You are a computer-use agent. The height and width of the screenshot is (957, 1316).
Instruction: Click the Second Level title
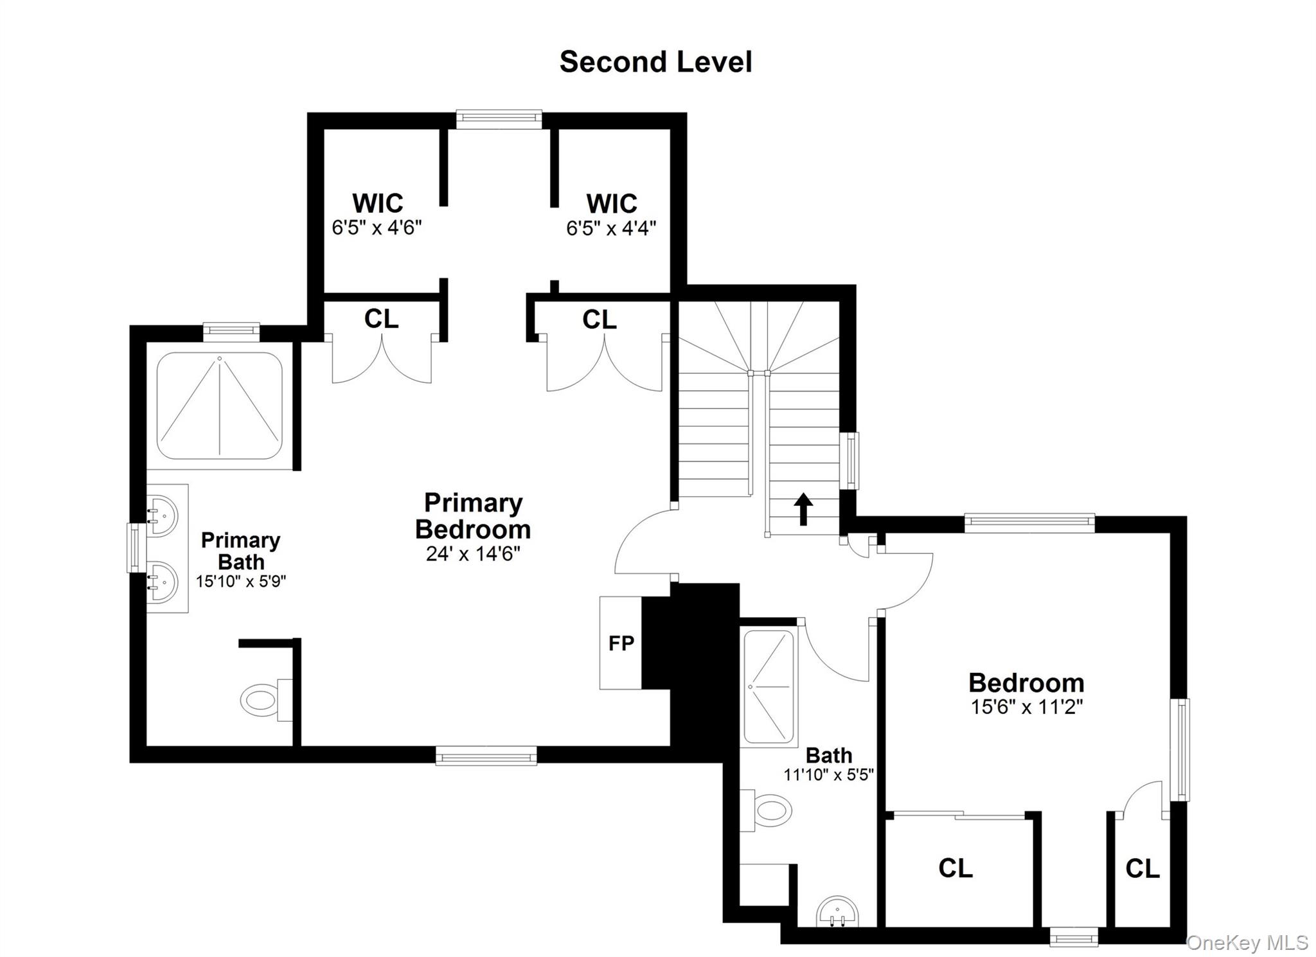point(655,62)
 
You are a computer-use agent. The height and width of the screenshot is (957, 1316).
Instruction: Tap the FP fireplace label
point(621,643)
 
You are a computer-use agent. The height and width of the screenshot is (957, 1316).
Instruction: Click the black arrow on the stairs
point(803,508)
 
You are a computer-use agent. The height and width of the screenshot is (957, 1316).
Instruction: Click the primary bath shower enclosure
point(219,406)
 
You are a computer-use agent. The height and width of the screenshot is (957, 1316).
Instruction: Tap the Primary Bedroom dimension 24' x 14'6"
point(473,554)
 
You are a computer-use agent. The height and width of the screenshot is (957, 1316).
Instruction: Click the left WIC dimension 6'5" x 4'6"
point(377,228)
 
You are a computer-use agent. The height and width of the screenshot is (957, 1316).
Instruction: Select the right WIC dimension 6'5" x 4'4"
point(611,228)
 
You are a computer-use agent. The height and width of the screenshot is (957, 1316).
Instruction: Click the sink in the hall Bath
point(837,911)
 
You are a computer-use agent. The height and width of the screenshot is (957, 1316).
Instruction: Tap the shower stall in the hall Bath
point(769,688)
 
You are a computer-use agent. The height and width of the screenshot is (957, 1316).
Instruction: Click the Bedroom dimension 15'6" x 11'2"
point(1026,707)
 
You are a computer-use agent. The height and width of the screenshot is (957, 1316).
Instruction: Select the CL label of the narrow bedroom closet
point(1143,869)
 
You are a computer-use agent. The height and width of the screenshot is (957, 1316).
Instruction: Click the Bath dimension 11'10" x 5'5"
point(828,775)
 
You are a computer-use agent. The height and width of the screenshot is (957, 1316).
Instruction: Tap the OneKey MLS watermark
point(1247,942)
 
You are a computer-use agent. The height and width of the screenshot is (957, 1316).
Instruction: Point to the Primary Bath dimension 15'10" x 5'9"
point(241,581)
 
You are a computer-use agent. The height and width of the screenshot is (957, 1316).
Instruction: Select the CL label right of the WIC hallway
point(599,319)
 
